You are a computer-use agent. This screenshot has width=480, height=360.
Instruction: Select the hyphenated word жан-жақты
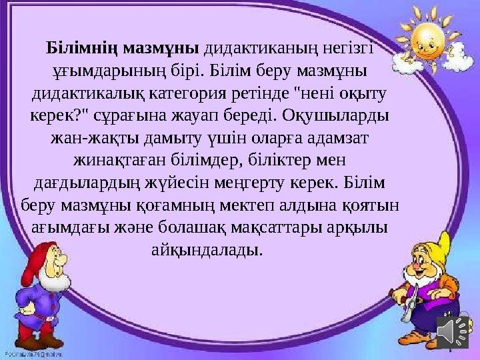pos(83,139)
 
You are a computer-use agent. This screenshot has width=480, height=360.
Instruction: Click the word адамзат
pos(340,139)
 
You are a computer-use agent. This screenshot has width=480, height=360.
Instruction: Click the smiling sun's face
pos(422,40)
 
